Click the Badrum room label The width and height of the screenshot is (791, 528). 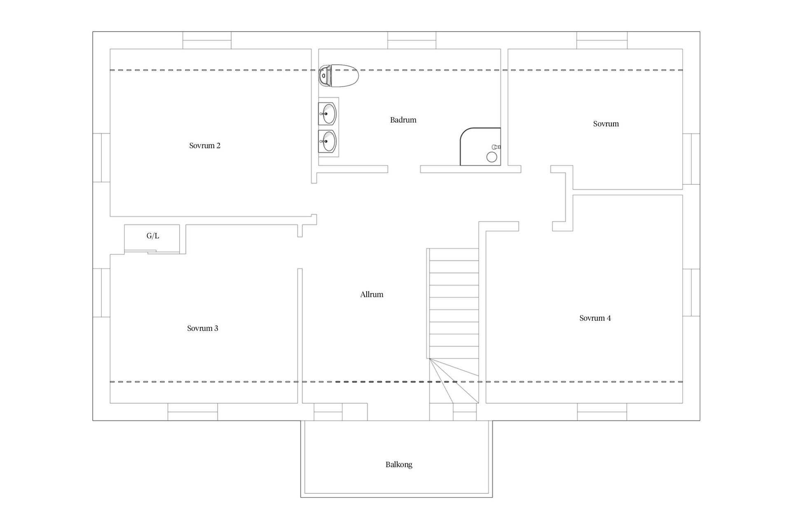click(x=403, y=120)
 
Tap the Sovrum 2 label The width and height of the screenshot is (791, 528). click(x=205, y=146)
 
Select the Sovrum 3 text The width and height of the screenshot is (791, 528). click(x=203, y=328)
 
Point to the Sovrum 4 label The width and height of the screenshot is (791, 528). click(x=595, y=318)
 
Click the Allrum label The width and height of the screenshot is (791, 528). click(x=372, y=295)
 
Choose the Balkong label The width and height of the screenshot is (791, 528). click(x=399, y=464)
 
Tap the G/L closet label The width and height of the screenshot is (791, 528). click(x=152, y=236)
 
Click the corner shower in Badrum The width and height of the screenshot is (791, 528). click(x=480, y=147)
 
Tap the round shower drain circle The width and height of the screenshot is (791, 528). click(x=491, y=157)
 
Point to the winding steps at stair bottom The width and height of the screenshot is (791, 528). click(x=454, y=381)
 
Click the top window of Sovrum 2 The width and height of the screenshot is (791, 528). click(x=207, y=40)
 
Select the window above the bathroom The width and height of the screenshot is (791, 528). click(x=412, y=40)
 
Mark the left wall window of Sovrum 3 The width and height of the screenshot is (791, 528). click(x=101, y=293)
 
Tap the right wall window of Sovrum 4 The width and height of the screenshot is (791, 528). click(x=691, y=292)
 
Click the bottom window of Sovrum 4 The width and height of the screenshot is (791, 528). click(x=602, y=412)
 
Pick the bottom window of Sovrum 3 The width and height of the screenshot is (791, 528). click(x=192, y=412)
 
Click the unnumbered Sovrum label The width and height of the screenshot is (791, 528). click(x=606, y=124)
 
